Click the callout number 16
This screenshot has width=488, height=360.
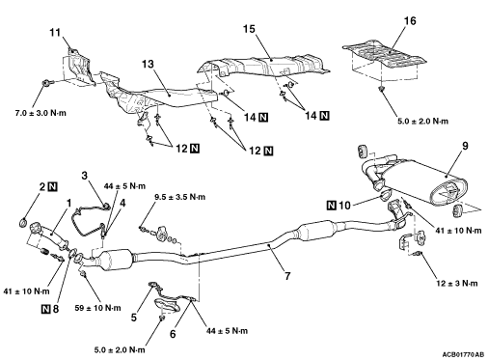(x=410, y=21)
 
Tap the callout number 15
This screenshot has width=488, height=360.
(x=249, y=29)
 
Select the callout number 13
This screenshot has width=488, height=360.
(x=149, y=64)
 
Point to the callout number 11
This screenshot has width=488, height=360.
(x=55, y=33)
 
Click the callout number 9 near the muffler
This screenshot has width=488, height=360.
(x=465, y=146)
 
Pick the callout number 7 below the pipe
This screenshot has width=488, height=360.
(x=287, y=276)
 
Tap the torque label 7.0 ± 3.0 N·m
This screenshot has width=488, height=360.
(x=41, y=113)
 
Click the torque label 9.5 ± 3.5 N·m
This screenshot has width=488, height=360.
(x=179, y=197)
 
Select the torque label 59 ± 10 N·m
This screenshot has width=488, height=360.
(x=97, y=308)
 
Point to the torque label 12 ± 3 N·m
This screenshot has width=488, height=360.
(x=457, y=283)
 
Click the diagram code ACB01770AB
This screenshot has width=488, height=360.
(x=463, y=354)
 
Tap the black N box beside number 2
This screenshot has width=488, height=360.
(x=52, y=186)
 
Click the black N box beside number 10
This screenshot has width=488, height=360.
(x=332, y=205)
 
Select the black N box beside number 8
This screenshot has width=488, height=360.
(x=46, y=309)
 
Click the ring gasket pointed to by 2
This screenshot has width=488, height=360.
(x=23, y=222)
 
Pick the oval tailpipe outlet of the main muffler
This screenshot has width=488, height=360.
(x=447, y=192)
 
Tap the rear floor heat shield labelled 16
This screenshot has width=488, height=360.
(x=384, y=54)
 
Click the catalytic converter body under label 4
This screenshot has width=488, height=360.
(x=114, y=260)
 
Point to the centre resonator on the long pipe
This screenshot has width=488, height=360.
(x=316, y=233)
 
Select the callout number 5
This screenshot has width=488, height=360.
(x=134, y=318)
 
